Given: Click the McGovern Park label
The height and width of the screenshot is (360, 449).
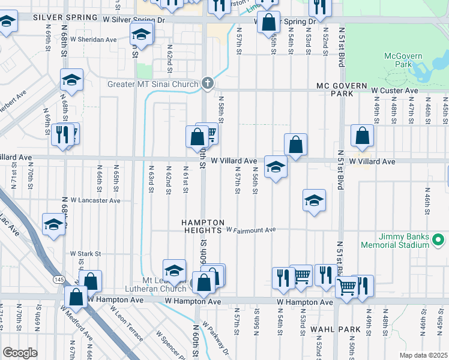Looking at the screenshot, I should (x=403, y=61).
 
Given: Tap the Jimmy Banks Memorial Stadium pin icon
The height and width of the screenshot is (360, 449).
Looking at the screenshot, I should (x=438, y=241).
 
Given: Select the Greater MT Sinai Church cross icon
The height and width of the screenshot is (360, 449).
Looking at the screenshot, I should (x=208, y=83).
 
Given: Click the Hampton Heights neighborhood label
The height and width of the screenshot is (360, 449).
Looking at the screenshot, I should (x=206, y=223).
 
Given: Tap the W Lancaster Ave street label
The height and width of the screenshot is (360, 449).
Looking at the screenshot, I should (x=95, y=200).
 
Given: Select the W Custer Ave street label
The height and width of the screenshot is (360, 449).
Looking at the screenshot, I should (x=394, y=91).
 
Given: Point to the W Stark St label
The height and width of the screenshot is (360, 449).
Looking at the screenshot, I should (x=84, y=254).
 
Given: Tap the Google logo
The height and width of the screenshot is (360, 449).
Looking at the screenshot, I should (x=20, y=353).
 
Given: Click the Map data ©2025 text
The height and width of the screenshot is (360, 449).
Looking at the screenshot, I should (x=423, y=355).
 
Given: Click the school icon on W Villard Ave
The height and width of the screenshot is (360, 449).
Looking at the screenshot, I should (x=276, y=166).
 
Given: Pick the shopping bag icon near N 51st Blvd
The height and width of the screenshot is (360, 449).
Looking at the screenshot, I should (x=362, y=136).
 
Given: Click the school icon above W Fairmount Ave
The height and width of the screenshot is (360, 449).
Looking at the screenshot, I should (x=314, y=200).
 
